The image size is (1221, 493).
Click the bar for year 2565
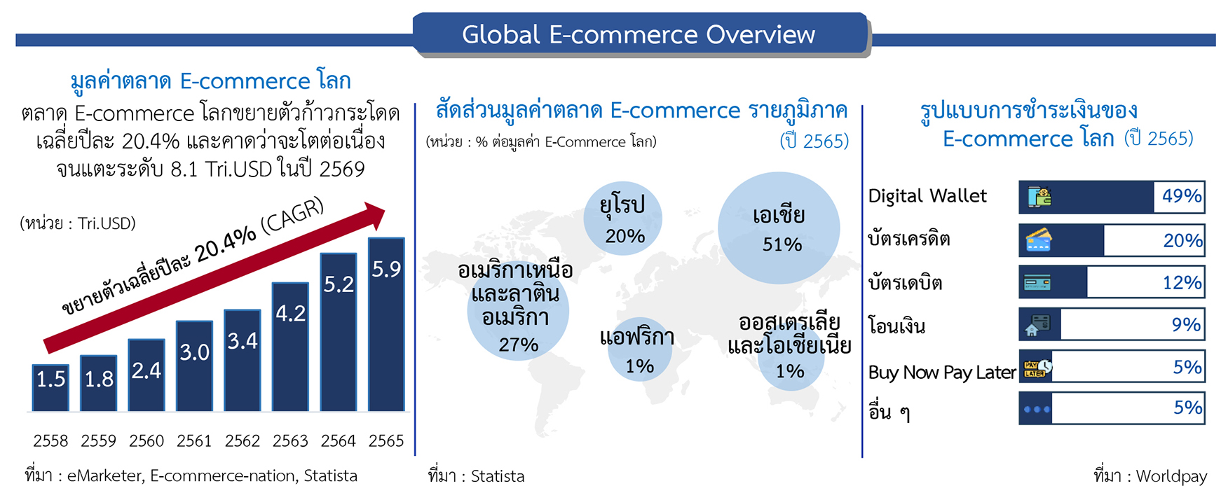386,324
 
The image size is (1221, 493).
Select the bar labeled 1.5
50,388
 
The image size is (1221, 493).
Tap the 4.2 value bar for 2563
290,347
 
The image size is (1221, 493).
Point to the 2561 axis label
194,441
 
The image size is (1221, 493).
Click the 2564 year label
339,441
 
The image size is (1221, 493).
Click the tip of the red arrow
385,208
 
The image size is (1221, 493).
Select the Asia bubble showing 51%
779,228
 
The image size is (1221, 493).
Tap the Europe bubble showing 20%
622,217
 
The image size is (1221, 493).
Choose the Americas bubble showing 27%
518,310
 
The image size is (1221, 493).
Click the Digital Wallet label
927,196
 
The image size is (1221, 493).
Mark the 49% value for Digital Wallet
1182,196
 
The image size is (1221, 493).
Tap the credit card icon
1039,239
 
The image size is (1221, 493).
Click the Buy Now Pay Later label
942,373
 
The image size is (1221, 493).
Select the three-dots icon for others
1037,410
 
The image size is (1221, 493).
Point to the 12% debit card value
1182,282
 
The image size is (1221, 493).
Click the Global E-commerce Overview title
639,34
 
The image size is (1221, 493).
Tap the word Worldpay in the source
1171,476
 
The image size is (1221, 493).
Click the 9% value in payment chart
1187,324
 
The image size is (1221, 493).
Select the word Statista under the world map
498,476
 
